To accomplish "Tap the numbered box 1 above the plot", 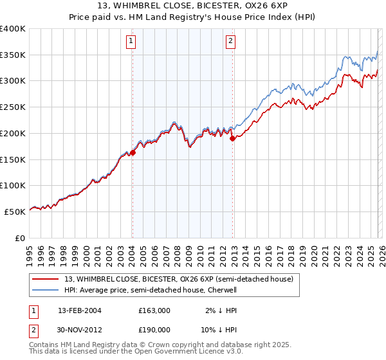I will tap(131, 42).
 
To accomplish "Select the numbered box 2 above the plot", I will tap(230, 42).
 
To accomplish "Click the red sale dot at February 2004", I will tap(133, 152).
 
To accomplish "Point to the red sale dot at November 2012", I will tap(232, 138).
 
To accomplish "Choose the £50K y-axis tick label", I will tap(15, 212).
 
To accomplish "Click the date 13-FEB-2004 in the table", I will tap(80, 310).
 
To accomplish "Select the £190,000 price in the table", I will tap(154, 328).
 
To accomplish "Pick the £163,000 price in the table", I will tap(154, 310).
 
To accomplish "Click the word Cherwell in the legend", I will tap(222, 290).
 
